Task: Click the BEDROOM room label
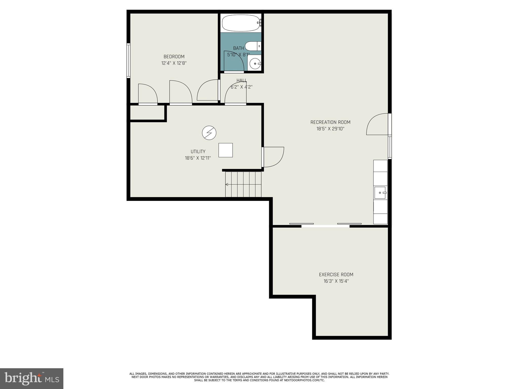click(x=174, y=57)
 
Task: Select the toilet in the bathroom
click(x=252, y=46)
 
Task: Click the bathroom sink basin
click(x=254, y=63)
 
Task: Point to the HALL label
click(x=242, y=81)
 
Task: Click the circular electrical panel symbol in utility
click(x=209, y=133)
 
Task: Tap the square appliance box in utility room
click(x=226, y=150)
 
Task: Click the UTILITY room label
click(x=198, y=152)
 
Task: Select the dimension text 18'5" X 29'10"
click(x=330, y=129)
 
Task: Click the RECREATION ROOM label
click(x=330, y=122)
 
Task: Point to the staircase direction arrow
click(x=227, y=184)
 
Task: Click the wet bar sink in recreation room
click(x=380, y=193)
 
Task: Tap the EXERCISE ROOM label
click(x=336, y=275)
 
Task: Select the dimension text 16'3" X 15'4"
click(x=336, y=281)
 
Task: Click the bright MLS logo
click(x=31, y=378)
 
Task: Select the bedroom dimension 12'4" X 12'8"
click(x=174, y=63)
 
